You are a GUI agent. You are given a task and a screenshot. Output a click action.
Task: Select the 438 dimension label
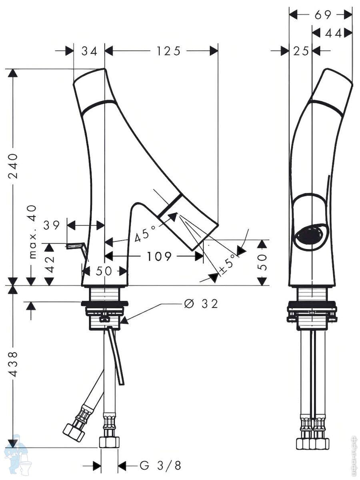point(13,364)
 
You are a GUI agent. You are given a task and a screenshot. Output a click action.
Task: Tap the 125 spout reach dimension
point(168,51)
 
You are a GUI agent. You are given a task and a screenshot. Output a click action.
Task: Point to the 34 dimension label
point(89,51)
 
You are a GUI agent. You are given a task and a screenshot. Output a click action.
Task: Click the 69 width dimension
point(323,15)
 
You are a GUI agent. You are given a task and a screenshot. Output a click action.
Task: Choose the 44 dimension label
point(333,34)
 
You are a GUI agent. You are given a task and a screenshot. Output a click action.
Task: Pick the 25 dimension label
point(301,51)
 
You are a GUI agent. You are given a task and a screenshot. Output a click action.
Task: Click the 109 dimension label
point(159,256)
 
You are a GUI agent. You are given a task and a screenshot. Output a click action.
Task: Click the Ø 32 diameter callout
point(201,304)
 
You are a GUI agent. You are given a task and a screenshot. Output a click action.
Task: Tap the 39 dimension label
point(52,225)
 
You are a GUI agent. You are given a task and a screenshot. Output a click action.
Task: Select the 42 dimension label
point(50,264)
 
